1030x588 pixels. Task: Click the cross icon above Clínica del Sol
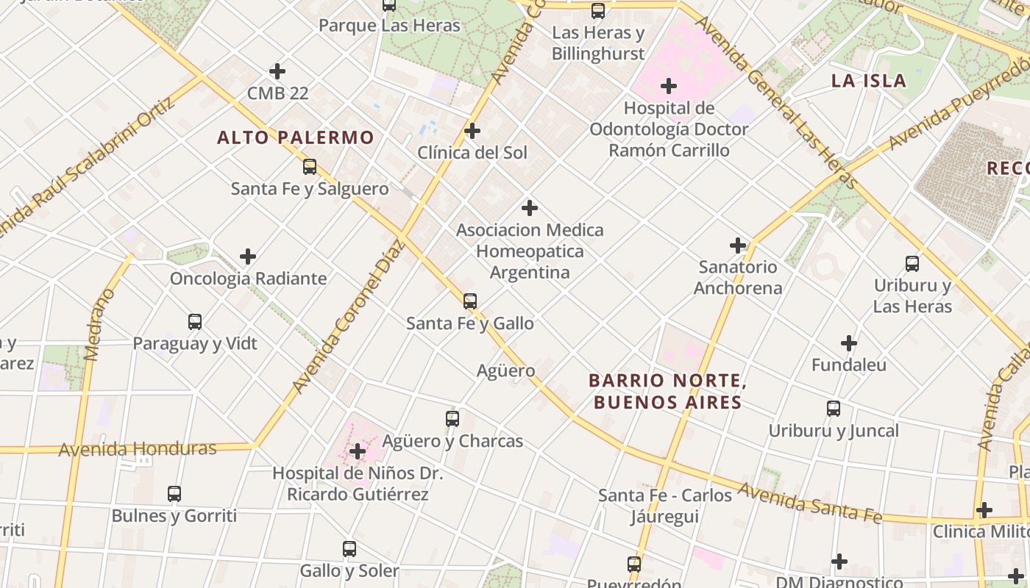tap(472, 131)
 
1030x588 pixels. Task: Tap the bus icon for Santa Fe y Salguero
tap(310, 167)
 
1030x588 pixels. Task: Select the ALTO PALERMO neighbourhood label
tap(296, 137)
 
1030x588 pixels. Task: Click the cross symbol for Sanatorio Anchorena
tap(738, 245)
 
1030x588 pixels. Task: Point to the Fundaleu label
tap(849, 365)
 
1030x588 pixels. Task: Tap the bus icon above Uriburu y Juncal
tap(834, 409)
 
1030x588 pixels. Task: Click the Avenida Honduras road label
tap(138, 448)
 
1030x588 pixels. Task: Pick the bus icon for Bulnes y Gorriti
tap(174, 493)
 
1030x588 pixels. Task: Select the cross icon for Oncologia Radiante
tap(248, 257)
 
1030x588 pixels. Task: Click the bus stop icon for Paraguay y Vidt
tap(195, 321)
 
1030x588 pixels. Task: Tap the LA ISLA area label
tap(868, 81)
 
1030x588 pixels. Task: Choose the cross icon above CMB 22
tap(277, 71)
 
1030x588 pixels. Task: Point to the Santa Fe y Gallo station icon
tap(470, 301)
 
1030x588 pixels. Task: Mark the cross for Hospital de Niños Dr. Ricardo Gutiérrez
tap(358, 451)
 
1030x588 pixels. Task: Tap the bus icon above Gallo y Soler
tap(349, 548)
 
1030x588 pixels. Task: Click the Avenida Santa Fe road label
tap(810, 503)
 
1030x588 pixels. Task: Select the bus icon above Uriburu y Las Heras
tap(912, 263)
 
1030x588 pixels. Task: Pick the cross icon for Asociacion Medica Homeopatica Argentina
tap(529, 208)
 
